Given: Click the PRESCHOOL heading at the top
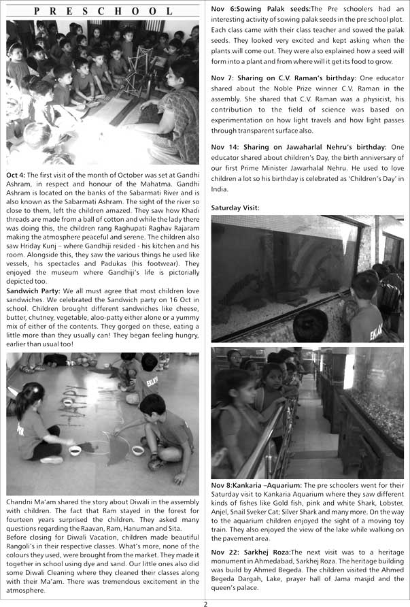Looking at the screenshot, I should [x=103, y=11].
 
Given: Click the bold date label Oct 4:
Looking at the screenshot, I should [x=16, y=175].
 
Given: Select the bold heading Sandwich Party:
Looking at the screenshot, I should [x=32, y=291].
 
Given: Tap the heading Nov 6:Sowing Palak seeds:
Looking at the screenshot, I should [x=260, y=8].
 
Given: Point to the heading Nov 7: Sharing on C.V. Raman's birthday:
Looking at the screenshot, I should [x=291, y=78].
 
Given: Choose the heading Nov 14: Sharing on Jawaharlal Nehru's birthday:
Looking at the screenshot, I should [x=299, y=146].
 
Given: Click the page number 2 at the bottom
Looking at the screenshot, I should [x=205, y=602].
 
